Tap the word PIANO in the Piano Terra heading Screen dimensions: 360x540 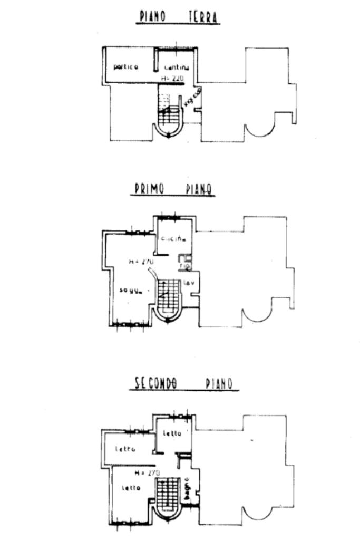click(152, 17)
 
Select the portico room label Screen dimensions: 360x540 click(126, 67)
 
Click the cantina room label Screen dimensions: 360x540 click(177, 67)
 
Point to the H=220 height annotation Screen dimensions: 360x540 click(172, 78)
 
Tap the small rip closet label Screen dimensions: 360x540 click(184, 266)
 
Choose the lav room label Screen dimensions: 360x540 click(189, 283)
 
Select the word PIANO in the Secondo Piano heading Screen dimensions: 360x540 click(219, 383)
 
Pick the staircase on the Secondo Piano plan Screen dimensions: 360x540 click(168, 496)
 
